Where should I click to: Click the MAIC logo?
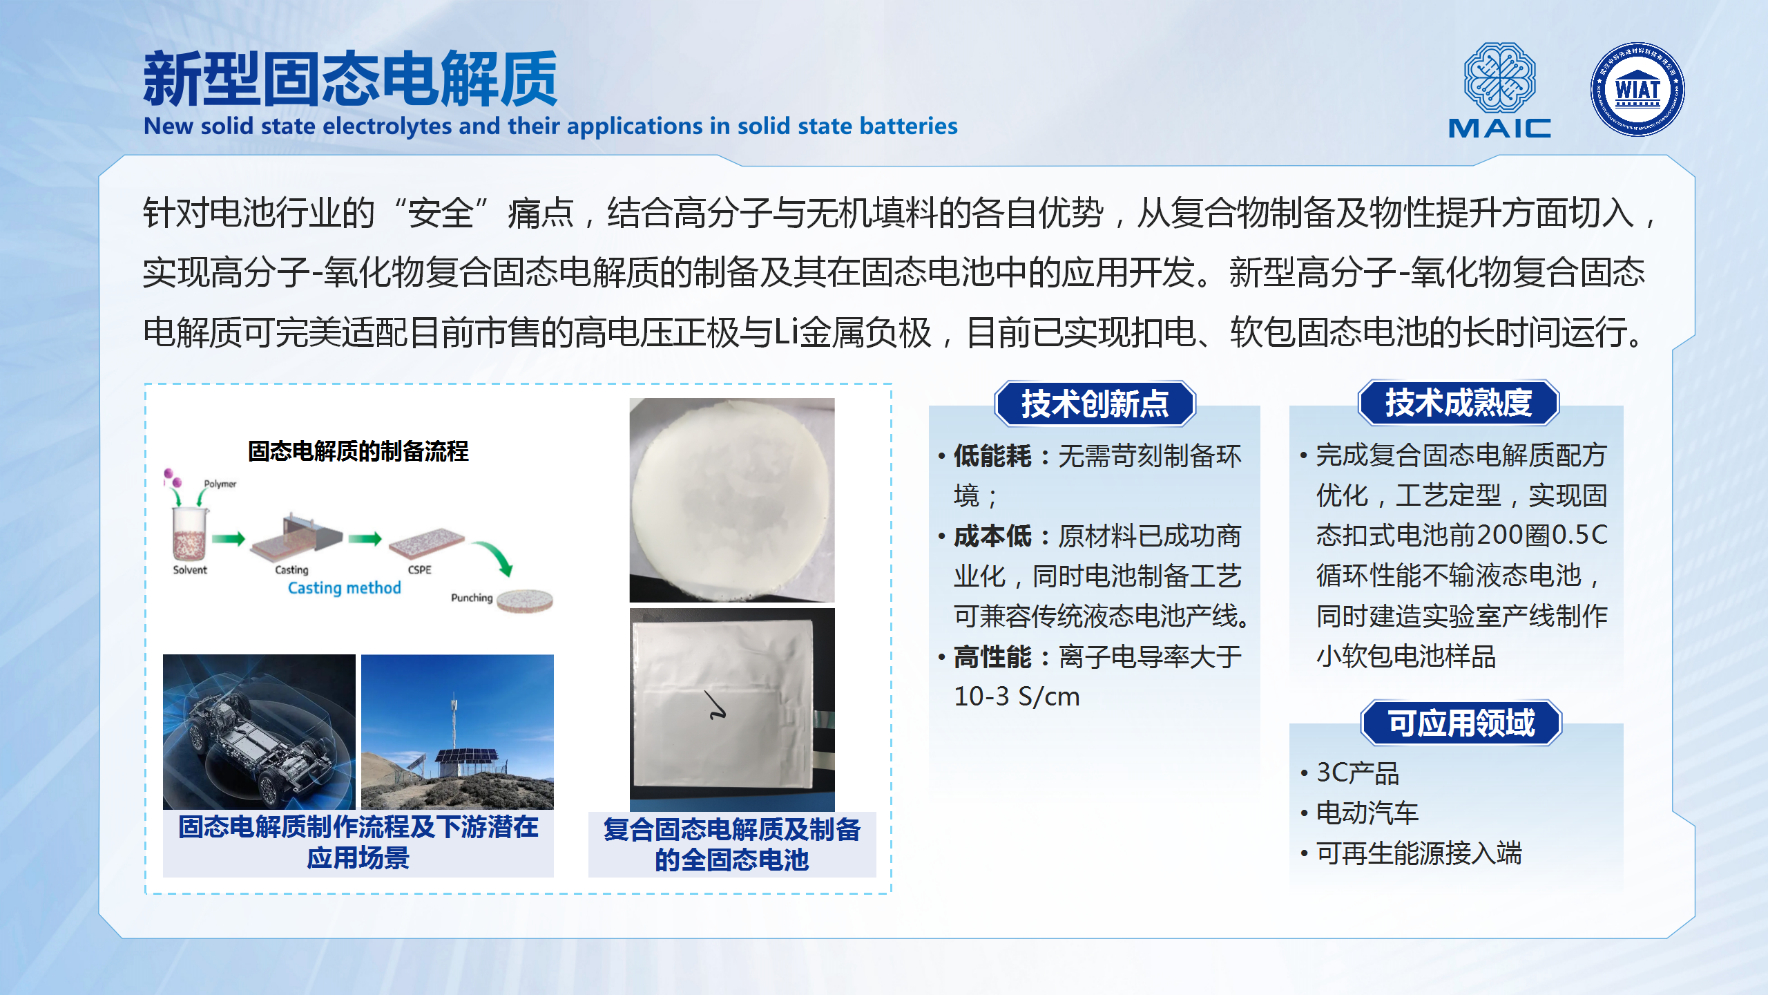pos(1499,91)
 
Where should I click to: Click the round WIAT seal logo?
pos(1637,89)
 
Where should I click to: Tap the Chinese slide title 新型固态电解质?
pos(350,79)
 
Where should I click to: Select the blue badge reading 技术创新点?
pos(1095,404)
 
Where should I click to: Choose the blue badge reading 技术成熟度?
pos(1459,403)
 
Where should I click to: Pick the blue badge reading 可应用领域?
pos(1461,723)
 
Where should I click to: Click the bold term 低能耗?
pos(992,456)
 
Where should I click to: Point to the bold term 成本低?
pos(992,536)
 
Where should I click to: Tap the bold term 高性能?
pos(992,656)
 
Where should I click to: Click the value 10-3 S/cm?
pos(1017,696)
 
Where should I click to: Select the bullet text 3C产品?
pos(1358,773)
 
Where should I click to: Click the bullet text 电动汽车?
pos(1367,813)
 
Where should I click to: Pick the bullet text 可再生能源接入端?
pos(1419,853)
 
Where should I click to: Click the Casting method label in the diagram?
pos(344,588)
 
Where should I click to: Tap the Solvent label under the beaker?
pos(190,570)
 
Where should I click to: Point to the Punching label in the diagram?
pos(472,598)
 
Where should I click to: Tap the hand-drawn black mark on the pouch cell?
pos(716,705)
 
